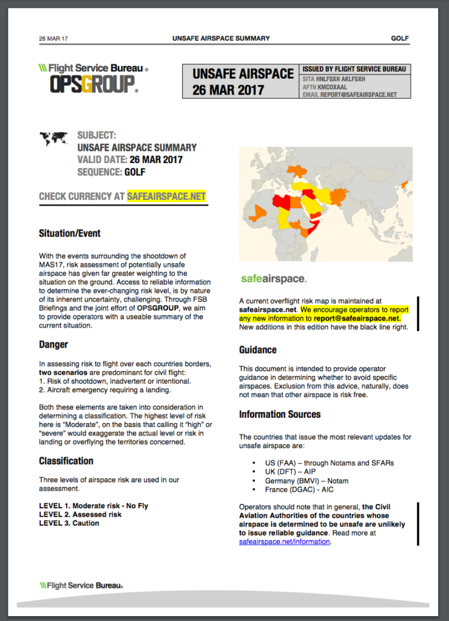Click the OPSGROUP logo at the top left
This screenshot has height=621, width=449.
[92, 83]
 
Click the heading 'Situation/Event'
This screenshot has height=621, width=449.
[70, 233]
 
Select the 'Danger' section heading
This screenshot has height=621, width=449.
[53, 344]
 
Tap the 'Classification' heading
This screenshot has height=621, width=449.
[66, 461]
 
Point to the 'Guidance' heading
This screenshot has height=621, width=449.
[258, 350]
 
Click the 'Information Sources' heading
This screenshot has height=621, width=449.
[280, 415]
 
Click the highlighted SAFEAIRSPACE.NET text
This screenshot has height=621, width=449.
[166, 196]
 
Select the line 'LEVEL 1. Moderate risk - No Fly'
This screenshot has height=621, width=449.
[93, 506]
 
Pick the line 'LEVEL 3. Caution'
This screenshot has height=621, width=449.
[69, 523]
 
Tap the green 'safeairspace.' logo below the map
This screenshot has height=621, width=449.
[273, 279]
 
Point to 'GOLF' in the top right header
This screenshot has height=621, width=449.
[400, 38]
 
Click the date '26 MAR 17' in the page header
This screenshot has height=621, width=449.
[53, 39]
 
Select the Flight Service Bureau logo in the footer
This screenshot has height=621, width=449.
[81, 586]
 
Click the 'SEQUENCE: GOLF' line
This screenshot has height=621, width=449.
[111, 172]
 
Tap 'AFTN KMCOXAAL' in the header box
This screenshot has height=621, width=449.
[325, 87]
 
